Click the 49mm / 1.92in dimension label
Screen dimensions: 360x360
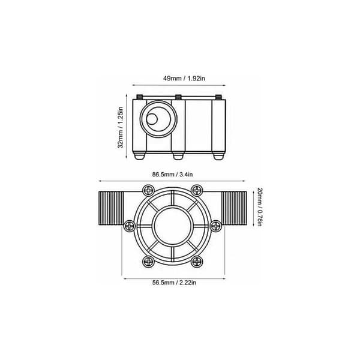184,79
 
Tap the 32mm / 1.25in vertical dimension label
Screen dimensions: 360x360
121,127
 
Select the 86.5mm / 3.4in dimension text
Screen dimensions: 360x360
172,175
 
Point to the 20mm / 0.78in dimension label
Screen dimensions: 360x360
259,207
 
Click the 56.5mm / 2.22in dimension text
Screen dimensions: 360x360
174,283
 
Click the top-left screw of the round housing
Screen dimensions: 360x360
149,190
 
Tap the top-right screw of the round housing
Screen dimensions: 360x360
197,190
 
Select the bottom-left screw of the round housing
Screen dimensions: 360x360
149,262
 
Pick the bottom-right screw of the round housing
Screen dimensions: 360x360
197,262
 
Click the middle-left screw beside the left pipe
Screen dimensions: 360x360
130,226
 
